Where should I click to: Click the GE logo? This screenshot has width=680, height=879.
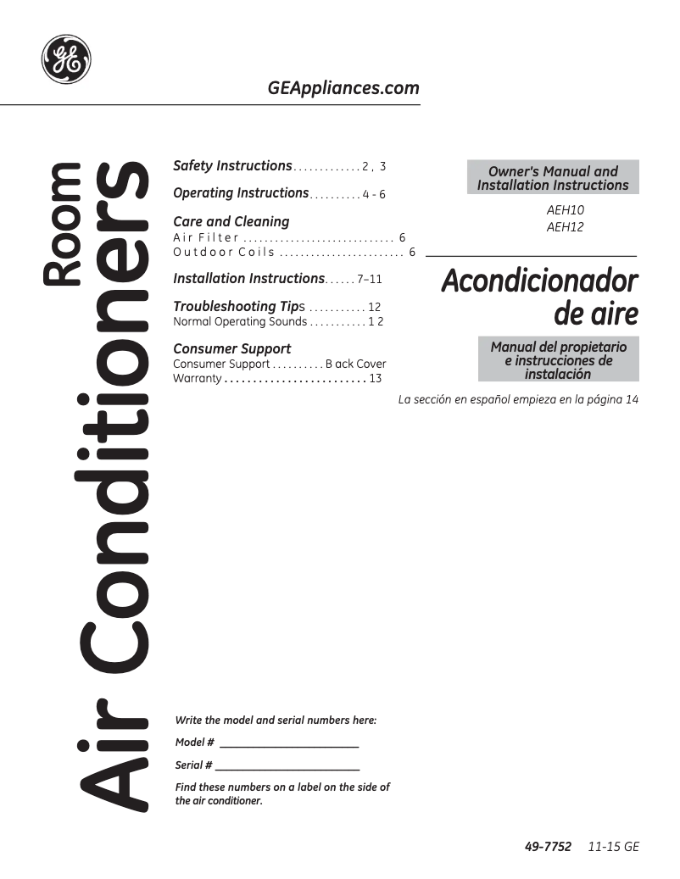[x=66, y=59]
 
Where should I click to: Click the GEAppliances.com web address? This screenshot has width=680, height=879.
[x=343, y=88]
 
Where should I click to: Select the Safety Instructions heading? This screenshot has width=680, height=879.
[x=232, y=165]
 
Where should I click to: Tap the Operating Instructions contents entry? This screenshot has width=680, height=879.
[x=241, y=192]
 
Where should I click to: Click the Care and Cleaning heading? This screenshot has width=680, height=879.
[x=231, y=221]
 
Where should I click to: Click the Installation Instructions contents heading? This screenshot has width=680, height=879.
[x=248, y=278]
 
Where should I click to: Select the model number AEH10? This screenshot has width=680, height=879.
[x=566, y=209]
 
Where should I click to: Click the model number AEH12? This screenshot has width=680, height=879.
[x=566, y=226]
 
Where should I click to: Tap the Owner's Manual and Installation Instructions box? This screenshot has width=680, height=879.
[x=553, y=178]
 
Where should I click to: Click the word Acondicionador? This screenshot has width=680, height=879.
[x=539, y=281]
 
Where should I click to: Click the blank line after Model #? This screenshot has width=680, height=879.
[x=289, y=745]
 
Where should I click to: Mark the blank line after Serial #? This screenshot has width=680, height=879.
[x=287, y=768]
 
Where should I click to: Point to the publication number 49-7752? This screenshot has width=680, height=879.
[x=547, y=847]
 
